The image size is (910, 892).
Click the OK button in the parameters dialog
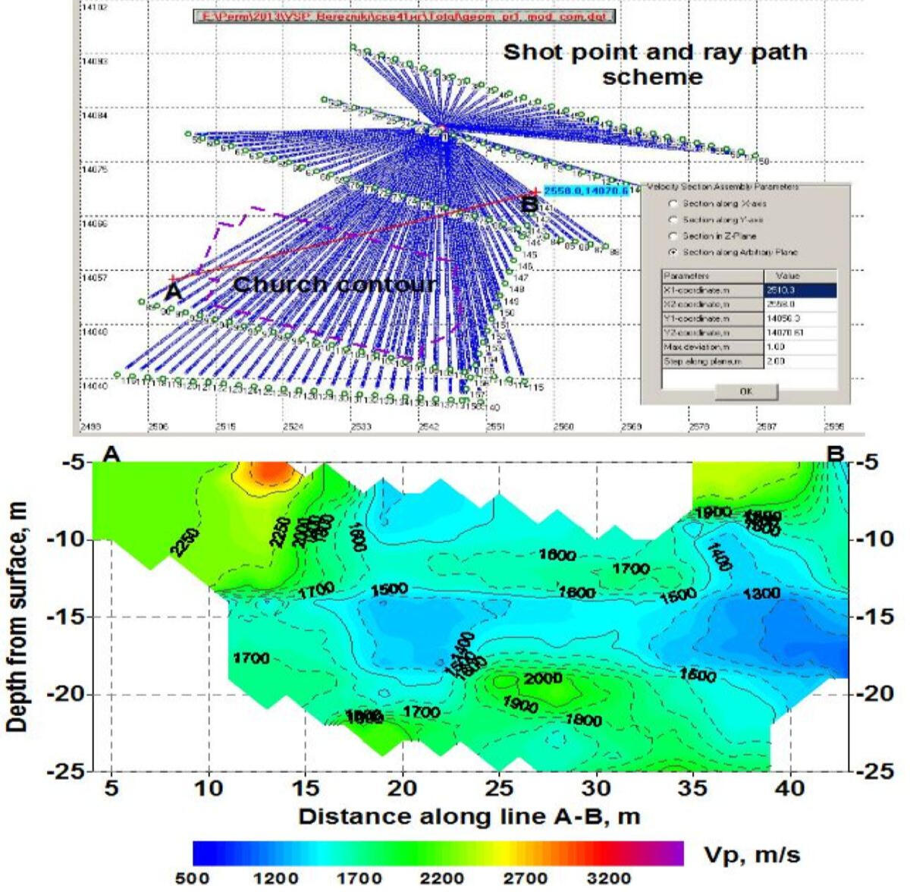[x=746, y=392]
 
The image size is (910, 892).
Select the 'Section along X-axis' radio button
[x=673, y=204]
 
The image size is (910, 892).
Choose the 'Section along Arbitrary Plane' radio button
[x=673, y=252]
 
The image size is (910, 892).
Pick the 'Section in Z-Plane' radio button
[x=673, y=236]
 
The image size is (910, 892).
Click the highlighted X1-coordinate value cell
[x=800, y=290]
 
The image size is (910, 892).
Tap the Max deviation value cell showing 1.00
[x=800, y=347]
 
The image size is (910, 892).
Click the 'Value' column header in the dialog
[x=800, y=276]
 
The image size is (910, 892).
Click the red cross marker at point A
[x=173, y=279]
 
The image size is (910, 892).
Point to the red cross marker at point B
[x=535, y=191]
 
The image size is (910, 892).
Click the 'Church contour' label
[x=334, y=285]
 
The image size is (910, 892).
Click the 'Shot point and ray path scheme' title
[x=654, y=64]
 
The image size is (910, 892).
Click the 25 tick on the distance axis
[x=499, y=788]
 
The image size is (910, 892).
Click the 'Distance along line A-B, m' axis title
[x=469, y=817]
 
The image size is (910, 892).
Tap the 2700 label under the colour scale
[x=525, y=878]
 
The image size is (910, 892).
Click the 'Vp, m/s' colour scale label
[x=752, y=855]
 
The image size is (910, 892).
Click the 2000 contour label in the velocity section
[x=542, y=678]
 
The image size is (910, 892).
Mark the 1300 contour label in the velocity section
[x=761, y=595]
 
